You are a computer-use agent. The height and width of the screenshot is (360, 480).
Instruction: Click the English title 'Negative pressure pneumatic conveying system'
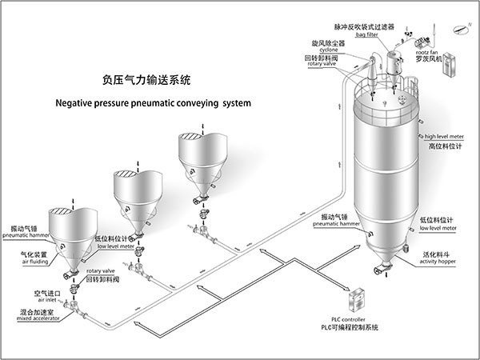(153, 103)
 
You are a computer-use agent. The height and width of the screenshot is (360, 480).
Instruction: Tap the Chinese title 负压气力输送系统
(148, 81)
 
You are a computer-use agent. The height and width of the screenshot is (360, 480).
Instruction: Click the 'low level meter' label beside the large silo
(438, 227)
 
